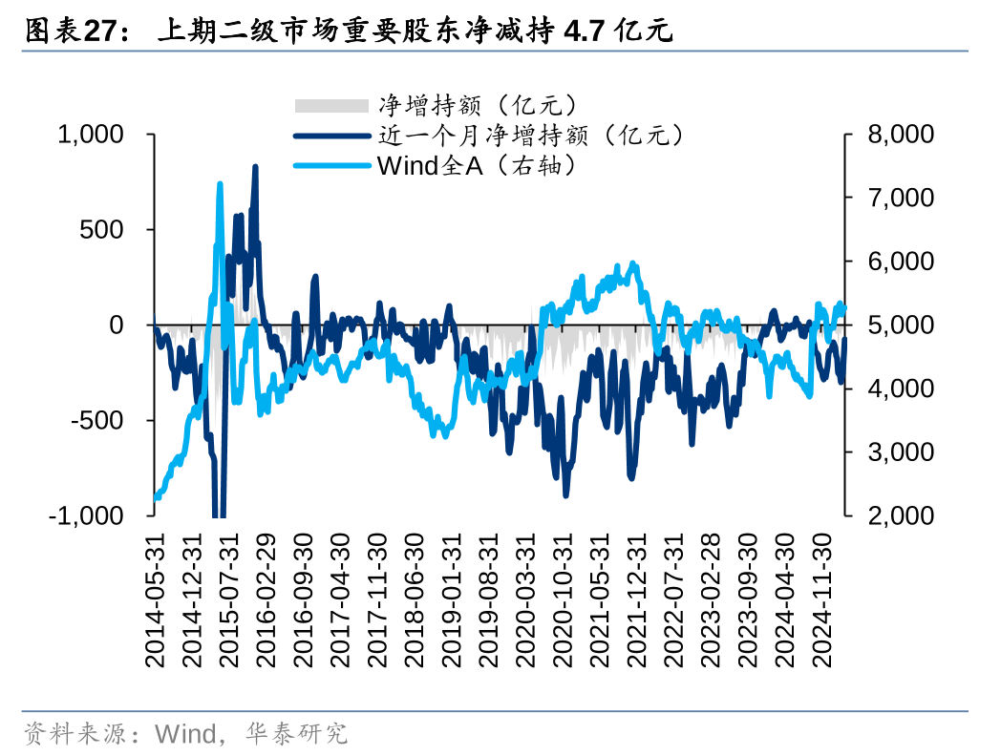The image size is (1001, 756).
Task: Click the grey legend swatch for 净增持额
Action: [330, 106]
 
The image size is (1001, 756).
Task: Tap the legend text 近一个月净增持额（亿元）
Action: [531, 136]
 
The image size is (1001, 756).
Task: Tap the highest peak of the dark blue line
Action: [255, 167]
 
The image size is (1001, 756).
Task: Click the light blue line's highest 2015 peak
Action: [220, 184]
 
